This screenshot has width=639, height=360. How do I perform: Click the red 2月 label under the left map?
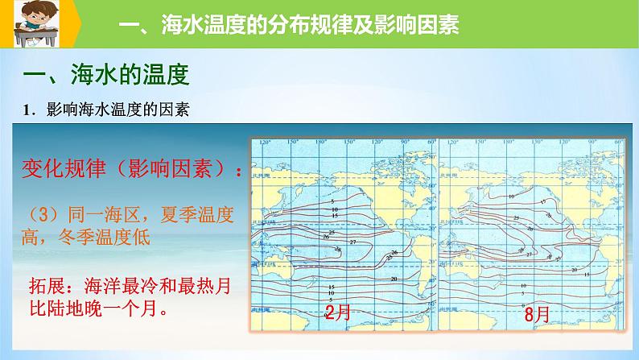pyautogui.click(x=338, y=312)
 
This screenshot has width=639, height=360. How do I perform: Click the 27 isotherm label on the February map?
pyautogui.click(x=352, y=242)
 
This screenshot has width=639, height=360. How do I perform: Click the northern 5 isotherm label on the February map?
pyautogui.click(x=332, y=200)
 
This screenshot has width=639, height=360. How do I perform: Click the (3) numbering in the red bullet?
pyautogui.click(x=39, y=215)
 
